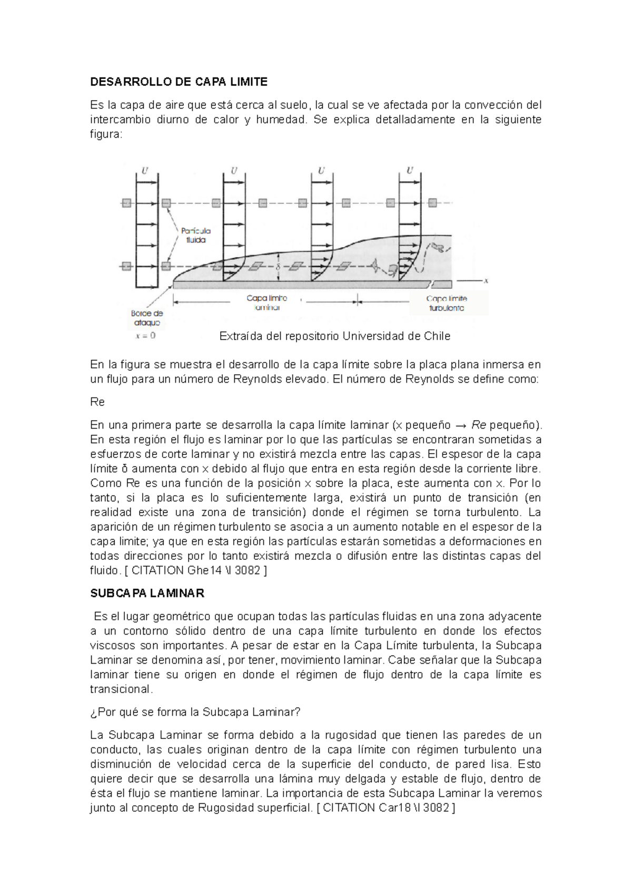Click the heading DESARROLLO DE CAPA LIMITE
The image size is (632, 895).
click(x=179, y=82)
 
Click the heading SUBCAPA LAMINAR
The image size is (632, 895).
click(x=147, y=593)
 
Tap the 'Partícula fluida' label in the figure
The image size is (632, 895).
click(x=195, y=235)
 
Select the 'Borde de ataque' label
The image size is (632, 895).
click(x=147, y=318)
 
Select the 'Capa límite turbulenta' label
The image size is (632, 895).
click(x=446, y=303)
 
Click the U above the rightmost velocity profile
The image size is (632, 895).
click(x=409, y=171)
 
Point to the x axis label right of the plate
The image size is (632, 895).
click(x=486, y=281)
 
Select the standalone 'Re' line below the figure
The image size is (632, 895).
click(x=97, y=402)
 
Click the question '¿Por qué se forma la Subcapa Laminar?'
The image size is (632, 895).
click(x=195, y=712)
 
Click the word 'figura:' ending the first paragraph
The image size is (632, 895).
click(x=106, y=134)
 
